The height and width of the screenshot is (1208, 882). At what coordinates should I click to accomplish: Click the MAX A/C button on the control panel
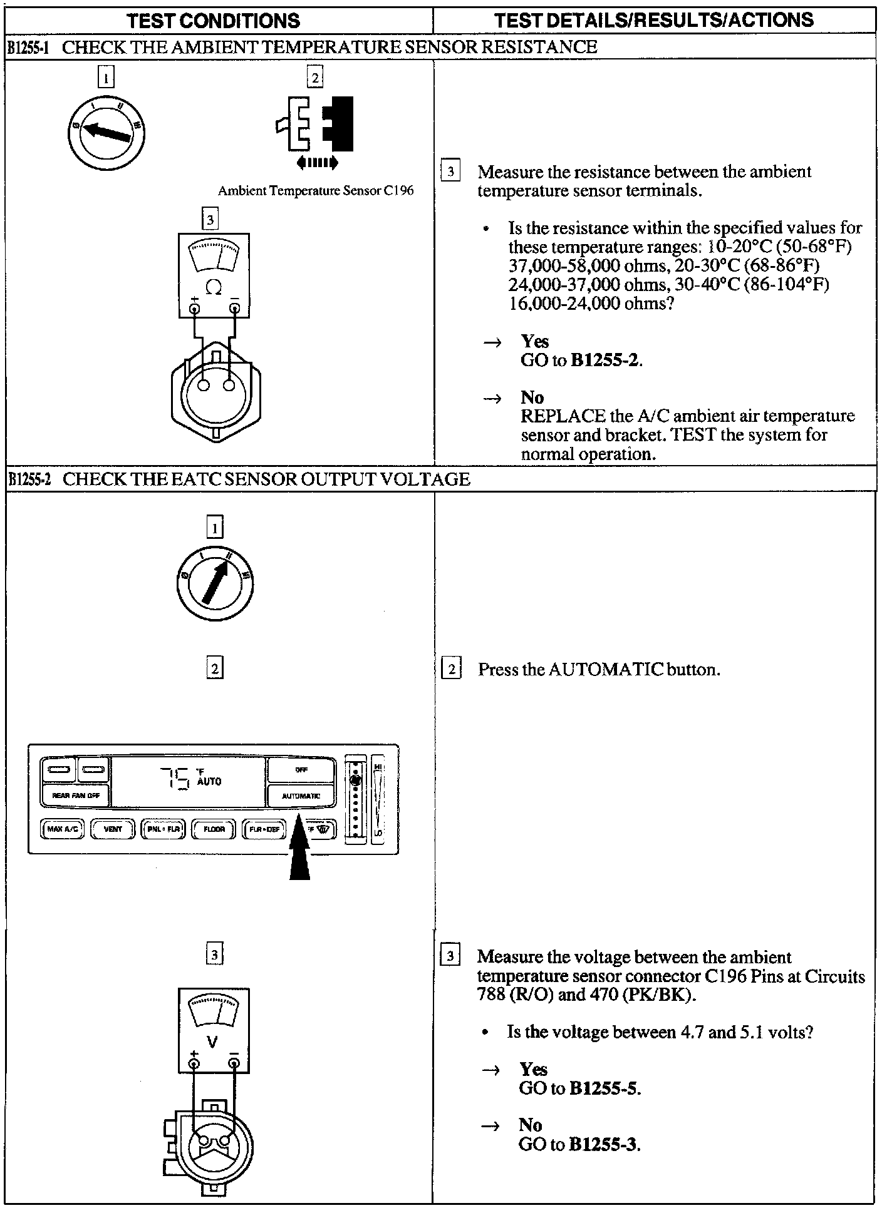coord(63,829)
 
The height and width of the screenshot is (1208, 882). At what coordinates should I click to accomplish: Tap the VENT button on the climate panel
coord(113,829)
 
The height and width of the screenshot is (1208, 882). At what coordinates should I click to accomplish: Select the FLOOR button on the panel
coord(214,829)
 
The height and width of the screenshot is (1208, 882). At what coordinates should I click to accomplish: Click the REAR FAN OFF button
coord(75,796)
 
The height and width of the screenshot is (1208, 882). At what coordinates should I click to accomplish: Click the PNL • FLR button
coord(163,829)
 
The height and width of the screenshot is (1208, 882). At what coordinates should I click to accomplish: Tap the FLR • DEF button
coord(264,829)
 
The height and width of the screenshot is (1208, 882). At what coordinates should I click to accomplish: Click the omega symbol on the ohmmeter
coord(214,288)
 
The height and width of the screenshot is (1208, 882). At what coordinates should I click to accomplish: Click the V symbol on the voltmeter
coord(213,1042)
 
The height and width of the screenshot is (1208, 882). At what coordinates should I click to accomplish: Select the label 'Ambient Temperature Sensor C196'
coord(316,190)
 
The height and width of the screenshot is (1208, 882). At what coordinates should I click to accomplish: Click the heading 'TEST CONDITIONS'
coord(214,20)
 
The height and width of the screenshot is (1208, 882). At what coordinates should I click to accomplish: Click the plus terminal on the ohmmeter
coord(195,309)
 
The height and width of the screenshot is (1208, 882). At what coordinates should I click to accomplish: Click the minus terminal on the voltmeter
coord(234,1063)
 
